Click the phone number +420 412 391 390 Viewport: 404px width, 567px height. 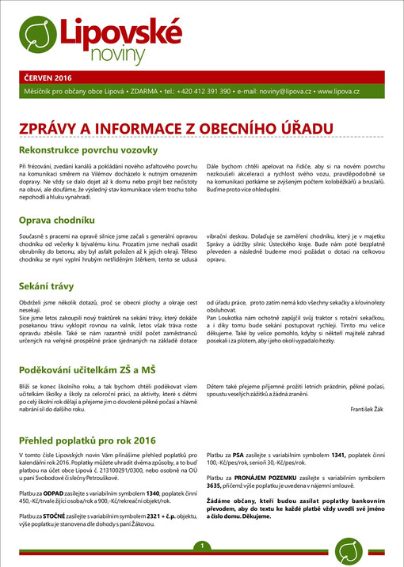click(x=204, y=92)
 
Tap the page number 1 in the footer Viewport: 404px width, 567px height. click(x=203, y=546)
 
